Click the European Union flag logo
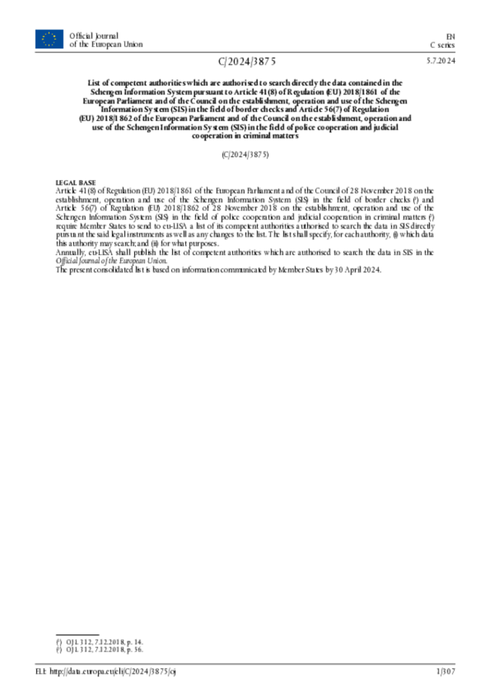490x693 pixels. [49, 39]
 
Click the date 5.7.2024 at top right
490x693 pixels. [441, 61]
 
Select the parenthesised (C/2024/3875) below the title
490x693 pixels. [245, 155]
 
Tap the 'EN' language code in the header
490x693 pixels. [450, 36]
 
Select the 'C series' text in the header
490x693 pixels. [442, 45]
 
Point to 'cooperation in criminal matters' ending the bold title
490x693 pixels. [245, 137]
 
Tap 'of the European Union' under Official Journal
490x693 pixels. [106, 44]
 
